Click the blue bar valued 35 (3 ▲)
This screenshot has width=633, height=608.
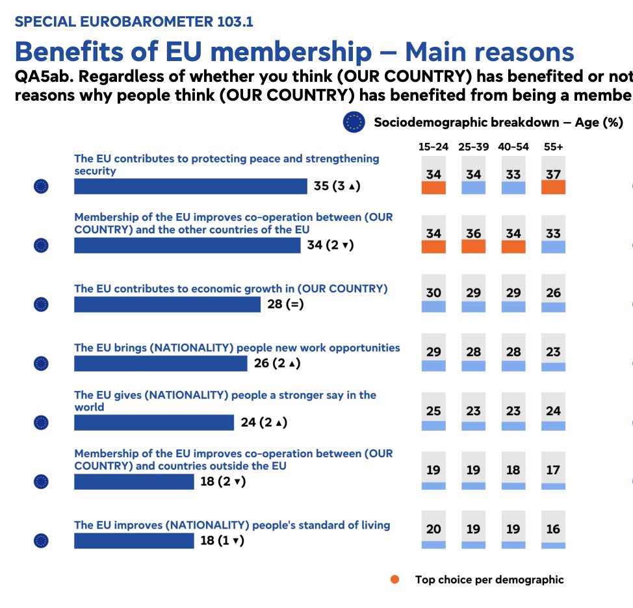(x=190, y=186)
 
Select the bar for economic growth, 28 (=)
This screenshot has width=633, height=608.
(x=167, y=304)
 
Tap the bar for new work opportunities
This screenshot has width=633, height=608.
(x=161, y=363)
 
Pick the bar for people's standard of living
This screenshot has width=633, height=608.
(x=134, y=540)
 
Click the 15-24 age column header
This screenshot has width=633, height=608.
(x=433, y=147)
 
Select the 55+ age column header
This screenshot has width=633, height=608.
(x=553, y=147)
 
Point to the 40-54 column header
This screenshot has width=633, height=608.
(x=513, y=147)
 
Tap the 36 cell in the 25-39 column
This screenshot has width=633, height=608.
(x=474, y=234)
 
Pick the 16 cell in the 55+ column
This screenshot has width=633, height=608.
(x=553, y=529)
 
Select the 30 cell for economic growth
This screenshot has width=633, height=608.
(x=433, y=293)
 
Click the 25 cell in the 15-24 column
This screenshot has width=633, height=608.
(x=433, y=411)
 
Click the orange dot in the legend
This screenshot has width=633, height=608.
(x=394, y=579)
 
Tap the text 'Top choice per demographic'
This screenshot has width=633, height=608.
(x=489, y=579)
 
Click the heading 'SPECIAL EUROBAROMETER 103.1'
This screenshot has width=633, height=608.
(x=134, y=22)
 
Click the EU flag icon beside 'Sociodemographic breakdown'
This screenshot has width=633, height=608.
(x=354, y=122)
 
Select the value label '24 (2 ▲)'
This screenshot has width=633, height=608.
(x=264, y=423)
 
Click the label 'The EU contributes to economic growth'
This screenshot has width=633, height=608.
(x=231, y=288)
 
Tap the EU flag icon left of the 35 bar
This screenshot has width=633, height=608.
(x=41, y=187)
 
